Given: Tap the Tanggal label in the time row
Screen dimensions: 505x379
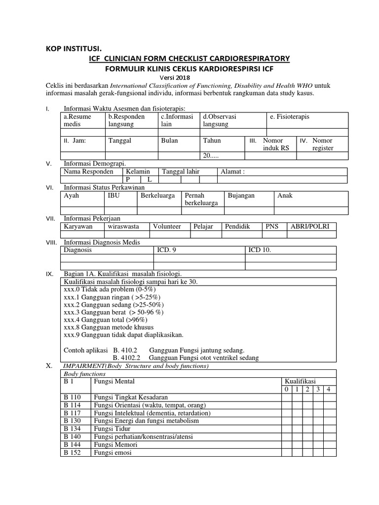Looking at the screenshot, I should click(120, 141).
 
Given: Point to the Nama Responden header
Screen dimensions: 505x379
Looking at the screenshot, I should click(86, 172).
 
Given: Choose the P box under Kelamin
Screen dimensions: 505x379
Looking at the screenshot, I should click(127, 180).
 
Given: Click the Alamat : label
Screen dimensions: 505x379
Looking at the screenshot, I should click(233, 172).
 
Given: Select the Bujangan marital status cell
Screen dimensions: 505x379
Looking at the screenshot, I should click(241, 196).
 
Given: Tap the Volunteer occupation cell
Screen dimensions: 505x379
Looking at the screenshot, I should click(167, 226).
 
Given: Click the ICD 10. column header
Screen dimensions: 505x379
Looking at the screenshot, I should click(260, 250).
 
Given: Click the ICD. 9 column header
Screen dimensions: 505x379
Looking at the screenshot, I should click(166, 250).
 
